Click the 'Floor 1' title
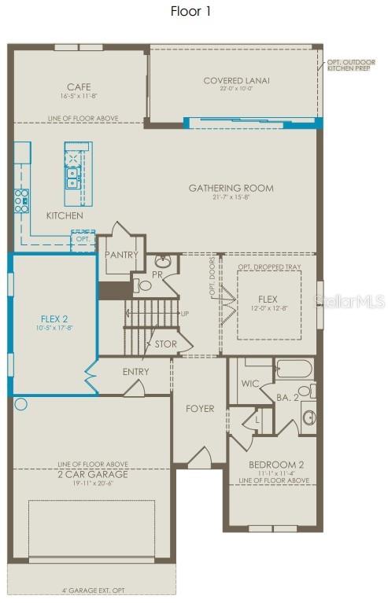190,11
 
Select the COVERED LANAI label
236,80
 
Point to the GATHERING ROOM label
231,188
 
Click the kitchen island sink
72,176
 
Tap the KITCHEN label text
65,215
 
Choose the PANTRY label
121,255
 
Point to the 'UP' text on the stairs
185,314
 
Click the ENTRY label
136,372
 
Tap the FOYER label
200,409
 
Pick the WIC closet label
249,384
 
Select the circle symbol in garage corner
21,405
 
